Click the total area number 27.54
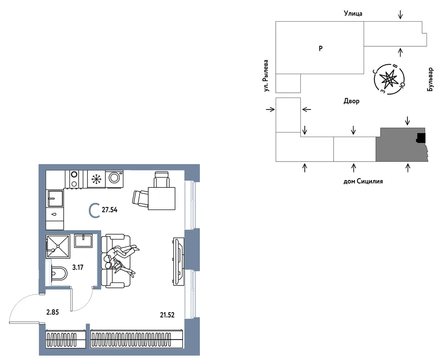point(109,210)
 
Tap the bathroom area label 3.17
point(77,267)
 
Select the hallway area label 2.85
point(52,312)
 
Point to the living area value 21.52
point(167,315)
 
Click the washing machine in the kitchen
point(115,178)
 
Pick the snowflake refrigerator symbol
point(96,179)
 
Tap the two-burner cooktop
point(74,179)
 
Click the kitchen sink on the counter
point(55,198)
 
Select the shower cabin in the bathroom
point(58,246)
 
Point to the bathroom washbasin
point(83,241)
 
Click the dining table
point(162,198)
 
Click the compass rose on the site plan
point(389,79)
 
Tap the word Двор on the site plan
point(352,101)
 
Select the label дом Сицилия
point(363,181)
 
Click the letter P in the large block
point(321,48)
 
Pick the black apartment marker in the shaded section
point(421,137)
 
